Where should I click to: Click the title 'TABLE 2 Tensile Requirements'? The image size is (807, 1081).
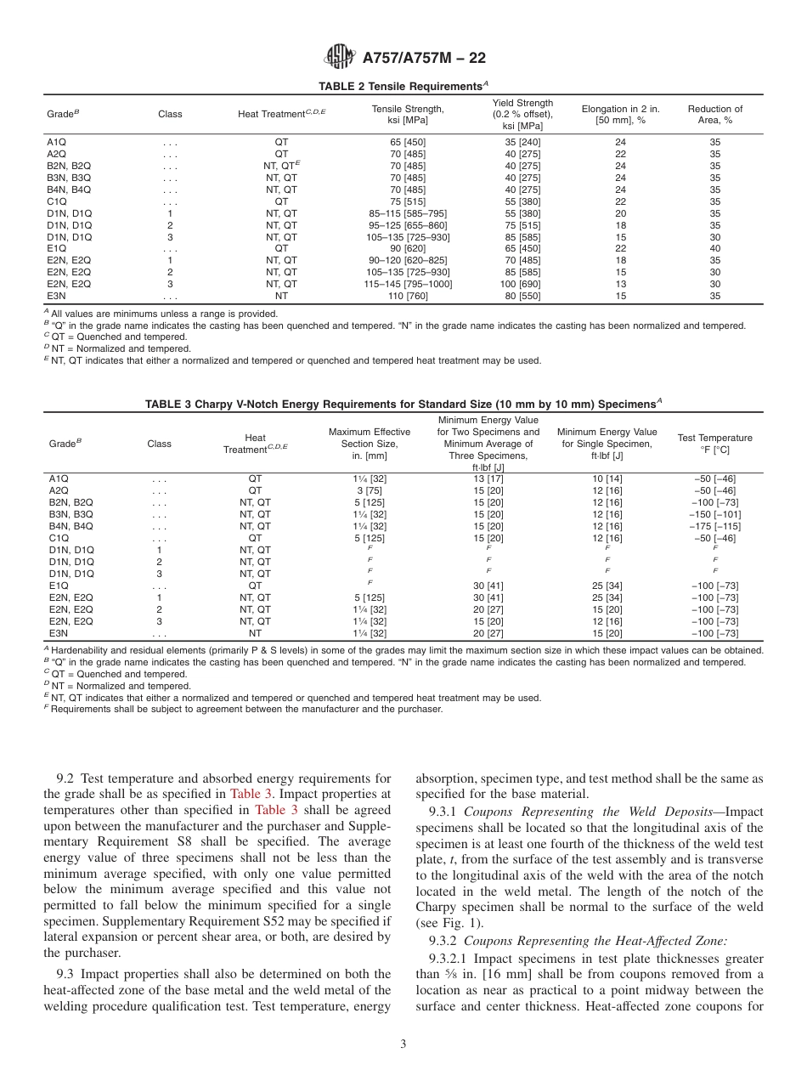(401, 87)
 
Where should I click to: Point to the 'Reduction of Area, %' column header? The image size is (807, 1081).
(714, 115)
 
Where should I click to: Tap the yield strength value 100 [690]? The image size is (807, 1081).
(522, 284)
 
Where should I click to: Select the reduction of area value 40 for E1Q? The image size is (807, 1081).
(714, 248)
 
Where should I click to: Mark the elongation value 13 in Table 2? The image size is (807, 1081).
(620, 284)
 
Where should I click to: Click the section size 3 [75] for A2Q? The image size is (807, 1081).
(370, 490)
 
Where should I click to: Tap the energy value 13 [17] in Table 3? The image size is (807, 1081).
(488, 478)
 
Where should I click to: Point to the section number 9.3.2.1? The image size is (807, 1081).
(441, 958)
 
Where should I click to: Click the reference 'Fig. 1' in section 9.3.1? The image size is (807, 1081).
(443, 924)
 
